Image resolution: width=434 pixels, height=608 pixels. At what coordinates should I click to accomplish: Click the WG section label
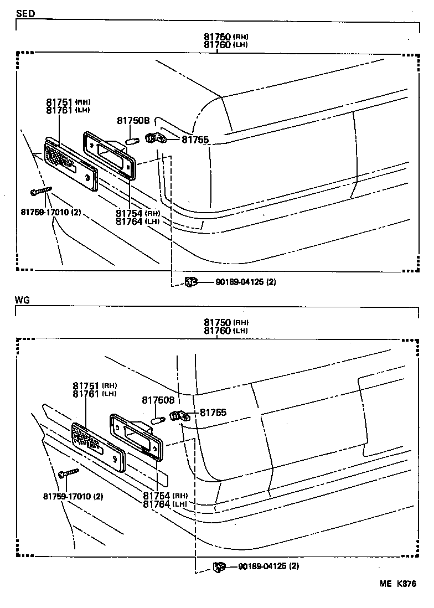tap(23, 300)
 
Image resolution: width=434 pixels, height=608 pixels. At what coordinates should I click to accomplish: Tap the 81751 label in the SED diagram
tap(60, 102)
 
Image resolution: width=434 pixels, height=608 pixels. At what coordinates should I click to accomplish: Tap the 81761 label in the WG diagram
tap(86, 394)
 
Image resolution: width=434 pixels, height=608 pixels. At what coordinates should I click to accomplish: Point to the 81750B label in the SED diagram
tap(133, 121)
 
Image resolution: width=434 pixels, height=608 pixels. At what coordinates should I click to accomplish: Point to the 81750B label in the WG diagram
tap(158, 400)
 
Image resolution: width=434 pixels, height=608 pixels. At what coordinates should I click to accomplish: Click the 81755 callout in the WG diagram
tap(213, 413)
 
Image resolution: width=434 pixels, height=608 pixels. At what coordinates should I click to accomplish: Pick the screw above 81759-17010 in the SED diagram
tap(42, 191)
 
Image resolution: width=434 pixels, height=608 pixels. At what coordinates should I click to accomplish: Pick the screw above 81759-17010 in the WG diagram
tap(68, 472)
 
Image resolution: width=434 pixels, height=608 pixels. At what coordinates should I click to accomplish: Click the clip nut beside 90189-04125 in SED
tap(190, 282)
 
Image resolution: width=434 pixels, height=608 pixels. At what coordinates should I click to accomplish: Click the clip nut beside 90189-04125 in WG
tap(219, 566)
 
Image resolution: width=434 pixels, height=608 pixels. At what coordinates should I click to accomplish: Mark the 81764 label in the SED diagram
tap(130, 221)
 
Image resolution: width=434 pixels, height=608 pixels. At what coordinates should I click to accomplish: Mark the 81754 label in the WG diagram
tap(157, 496)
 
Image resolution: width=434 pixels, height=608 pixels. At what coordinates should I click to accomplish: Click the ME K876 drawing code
tap(397, 584)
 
